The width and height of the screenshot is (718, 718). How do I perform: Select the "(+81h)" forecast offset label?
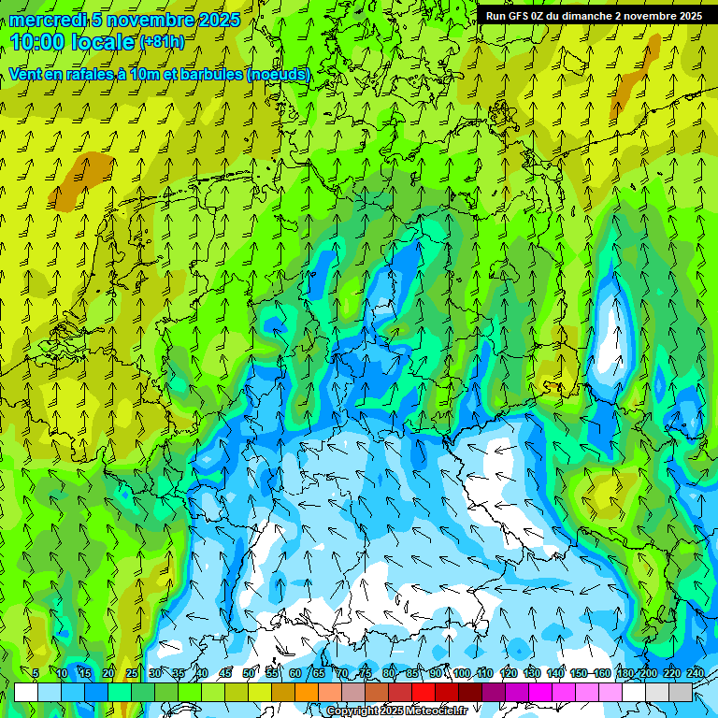tap(162, 42)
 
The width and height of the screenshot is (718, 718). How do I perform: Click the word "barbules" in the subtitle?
tap(207, 74)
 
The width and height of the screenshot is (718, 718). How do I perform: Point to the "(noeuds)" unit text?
tap(278, 74)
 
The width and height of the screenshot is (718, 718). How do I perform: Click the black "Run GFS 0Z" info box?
tap(594, 16)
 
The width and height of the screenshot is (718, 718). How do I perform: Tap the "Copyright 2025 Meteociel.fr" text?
tap(396, 711)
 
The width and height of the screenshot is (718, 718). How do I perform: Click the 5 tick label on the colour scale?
tap(36, 673)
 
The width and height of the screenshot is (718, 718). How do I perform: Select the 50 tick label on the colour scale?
tap(249, 673)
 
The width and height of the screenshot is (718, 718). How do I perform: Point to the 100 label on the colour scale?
tap(461, 673)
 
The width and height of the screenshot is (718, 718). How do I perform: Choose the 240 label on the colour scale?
tap(696, 673)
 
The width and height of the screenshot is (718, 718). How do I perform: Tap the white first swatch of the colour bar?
tap(26, 692)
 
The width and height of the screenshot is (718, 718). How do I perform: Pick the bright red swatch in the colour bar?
tap(424, 692)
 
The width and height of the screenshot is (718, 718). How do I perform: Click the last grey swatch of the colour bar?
tap(681, 692)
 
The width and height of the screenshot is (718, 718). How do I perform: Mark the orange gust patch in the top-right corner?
tap(636, 79)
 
